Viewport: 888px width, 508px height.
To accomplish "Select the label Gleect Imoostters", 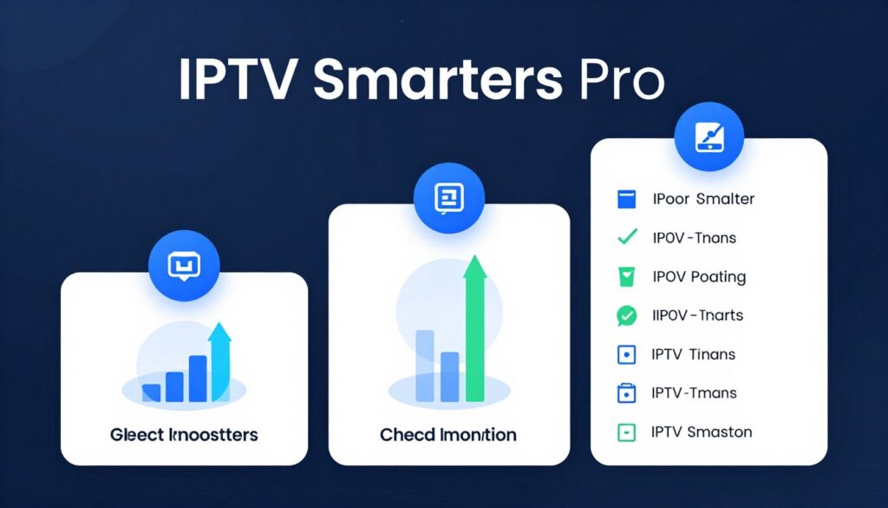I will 184,433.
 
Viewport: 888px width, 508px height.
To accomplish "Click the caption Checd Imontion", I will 448,433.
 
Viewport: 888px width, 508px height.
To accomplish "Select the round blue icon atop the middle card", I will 449,198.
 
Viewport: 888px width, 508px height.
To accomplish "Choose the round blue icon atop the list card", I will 709,136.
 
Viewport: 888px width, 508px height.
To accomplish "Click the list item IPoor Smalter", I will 703,199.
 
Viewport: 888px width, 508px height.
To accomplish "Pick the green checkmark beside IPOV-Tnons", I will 626,237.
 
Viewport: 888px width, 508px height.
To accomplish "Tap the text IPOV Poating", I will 699,277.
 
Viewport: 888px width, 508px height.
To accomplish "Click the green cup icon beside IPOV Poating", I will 626,277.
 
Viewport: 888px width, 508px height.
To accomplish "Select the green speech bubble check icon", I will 626,316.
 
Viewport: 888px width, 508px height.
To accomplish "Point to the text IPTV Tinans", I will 693,354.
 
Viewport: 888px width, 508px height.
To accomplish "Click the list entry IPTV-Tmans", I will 694,393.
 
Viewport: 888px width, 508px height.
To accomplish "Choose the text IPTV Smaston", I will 702,432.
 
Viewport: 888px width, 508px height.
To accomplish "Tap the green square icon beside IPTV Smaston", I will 626,432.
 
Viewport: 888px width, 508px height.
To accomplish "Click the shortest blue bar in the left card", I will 152,392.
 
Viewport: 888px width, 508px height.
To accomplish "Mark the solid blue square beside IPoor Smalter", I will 626,199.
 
